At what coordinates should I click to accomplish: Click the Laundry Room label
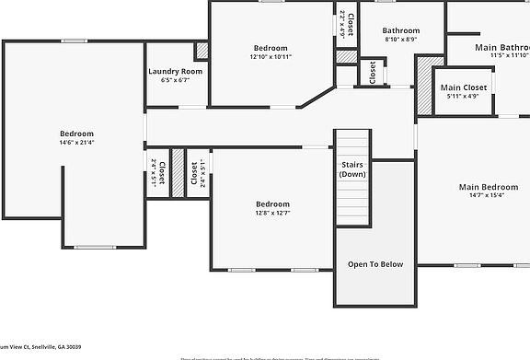(175, 71)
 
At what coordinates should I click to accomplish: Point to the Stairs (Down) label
(352, 168)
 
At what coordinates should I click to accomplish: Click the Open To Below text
(374, 264)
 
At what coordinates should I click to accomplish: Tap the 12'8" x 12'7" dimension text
(272, 213)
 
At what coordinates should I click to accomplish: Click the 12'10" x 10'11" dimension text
(271, 57)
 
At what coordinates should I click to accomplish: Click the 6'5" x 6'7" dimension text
(175, 80)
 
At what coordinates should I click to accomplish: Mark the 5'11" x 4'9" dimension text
(463, 96)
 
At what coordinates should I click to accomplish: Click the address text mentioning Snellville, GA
(40, 346)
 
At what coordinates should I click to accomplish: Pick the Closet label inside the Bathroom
(373, 72)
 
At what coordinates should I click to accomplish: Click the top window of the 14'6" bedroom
(74, 41)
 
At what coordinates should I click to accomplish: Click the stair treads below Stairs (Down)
(352, 203)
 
